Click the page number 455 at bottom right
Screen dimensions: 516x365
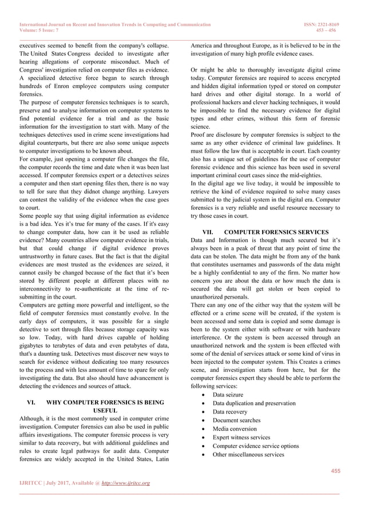click(x=334, y=470)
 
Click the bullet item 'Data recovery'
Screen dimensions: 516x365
click(x=230, y=412)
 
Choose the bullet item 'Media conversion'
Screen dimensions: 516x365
click(x=235, y=429)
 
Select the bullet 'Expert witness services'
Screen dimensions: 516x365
click(x=241, y=438)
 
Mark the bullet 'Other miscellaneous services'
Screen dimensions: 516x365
click(x=248, y=455)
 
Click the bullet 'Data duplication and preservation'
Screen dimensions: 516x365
click(x=254, y=403)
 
